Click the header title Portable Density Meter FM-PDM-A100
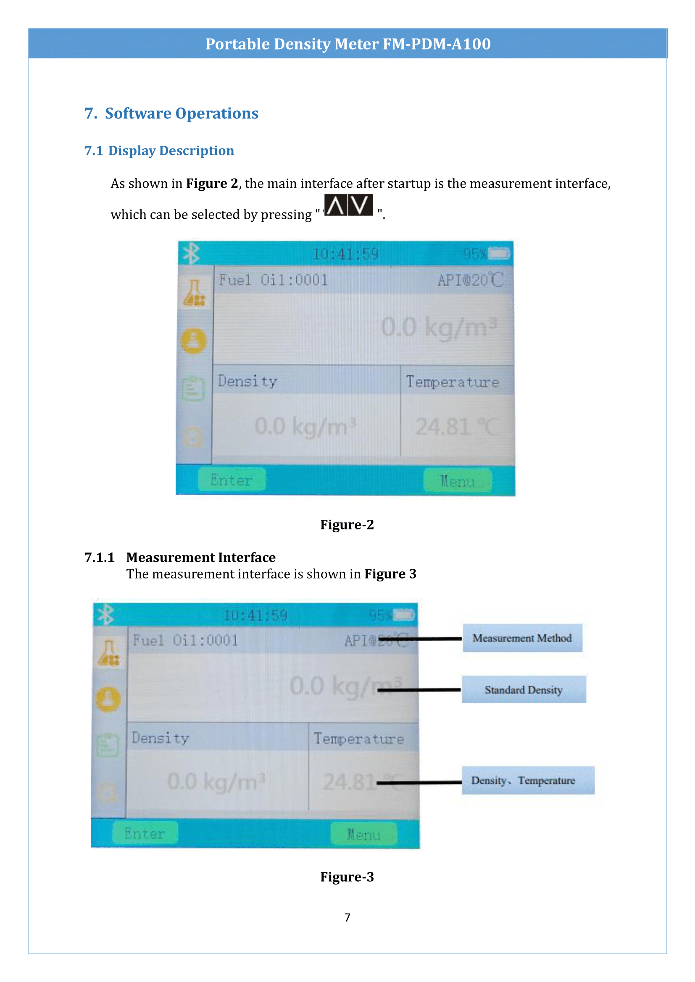tap(347, 44)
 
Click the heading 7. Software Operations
tap(171, 113)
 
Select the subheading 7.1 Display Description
tap(159, 151)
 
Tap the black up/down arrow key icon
tap(348, 205)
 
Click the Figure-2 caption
tap(347, 524)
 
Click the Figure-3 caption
tap(347, 877)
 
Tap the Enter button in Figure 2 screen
tap(232, 480)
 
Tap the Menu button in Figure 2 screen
tap(457, 481)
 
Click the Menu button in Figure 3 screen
tap(364, 834)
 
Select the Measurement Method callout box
tap(522, 638)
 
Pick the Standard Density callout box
tap(524, 689)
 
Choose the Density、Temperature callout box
tap(528, 780)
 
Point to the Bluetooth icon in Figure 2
tap(191, 253)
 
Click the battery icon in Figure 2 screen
tap(499, 254)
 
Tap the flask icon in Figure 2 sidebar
tap(195, 293)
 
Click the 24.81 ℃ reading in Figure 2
tap(457, 427)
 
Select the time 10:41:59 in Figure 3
tap(255, 615)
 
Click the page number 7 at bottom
tap(347, 917)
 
